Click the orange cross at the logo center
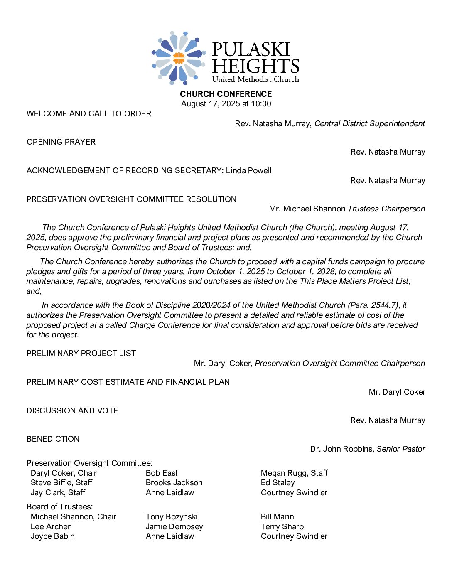[x=179, y=58]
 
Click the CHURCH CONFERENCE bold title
[x=226, y=94]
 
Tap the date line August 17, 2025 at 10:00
[x=226, y=104]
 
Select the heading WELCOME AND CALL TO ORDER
[x=89, y=114]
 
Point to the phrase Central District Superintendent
[x=369, y=124]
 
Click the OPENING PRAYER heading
[x=61, y=142]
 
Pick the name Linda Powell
[x=248, y=171]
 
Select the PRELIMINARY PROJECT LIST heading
[x=81, y=354]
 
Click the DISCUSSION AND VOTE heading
[x=72, y=411]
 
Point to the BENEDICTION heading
[x=53, y=439]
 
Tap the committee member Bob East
[x=162, y=473]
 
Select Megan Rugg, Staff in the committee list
[x=294, y=473]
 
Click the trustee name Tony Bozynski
[x=172, y=517]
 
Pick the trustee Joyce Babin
[x=53, y=536]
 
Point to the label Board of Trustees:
[x=60, y=507]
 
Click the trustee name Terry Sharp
[x=282, y=527]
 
